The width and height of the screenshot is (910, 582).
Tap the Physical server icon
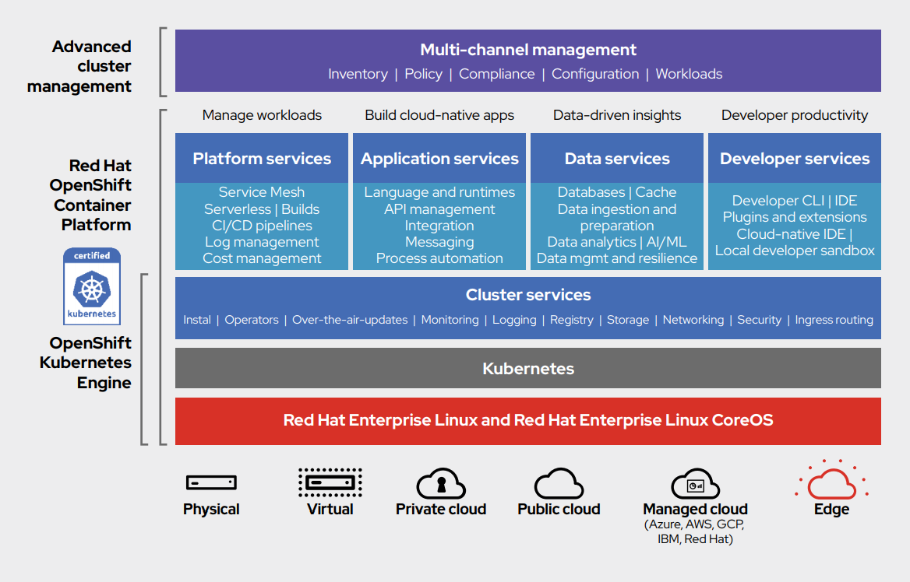(x=211, y=483)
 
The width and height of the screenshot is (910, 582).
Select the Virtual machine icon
(x=330, y=482)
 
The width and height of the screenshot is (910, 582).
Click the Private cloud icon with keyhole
(x=441, y=483)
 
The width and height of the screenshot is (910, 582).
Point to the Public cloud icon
(x=559, y=483)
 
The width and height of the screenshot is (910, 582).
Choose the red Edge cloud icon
(x=831, y=483)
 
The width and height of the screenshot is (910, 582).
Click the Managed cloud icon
(x=695, y=484)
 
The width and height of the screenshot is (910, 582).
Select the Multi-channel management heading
(x=528, y=50)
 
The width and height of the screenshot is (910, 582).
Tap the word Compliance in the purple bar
(x=496, y=74)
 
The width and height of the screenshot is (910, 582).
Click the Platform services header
(x=262, y=159)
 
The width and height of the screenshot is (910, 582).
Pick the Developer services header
(x=795, y=159)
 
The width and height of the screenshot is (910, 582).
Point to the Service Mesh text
(x=262, y=192)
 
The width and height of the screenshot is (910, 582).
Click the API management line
(x=439, y=209)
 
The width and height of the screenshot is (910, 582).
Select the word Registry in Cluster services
(x=571, y=320)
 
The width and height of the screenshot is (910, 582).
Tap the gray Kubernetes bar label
(x=528, y=369)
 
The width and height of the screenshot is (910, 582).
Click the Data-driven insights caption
(x=617, y=115)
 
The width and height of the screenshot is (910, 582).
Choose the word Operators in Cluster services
(x=252, y=320)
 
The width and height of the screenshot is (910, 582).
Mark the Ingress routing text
(x=834, y=320)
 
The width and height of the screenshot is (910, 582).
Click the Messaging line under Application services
(x=439, y=242)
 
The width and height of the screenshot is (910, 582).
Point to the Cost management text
(x=262, y=258)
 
